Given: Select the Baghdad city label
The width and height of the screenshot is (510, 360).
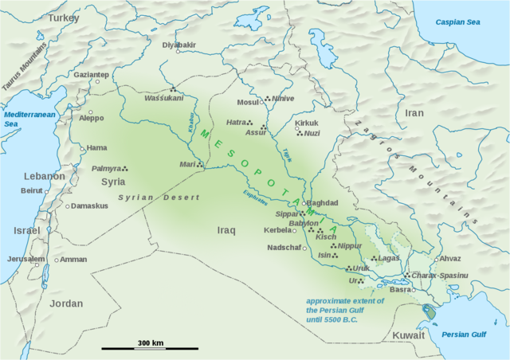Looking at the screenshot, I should [x=323, y=203].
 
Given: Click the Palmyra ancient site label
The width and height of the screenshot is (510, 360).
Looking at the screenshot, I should [x=106, y=169].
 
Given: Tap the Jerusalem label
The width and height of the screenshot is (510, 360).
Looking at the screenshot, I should [x=26, y=259].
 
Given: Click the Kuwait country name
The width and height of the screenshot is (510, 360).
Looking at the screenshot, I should [x=409, y=335].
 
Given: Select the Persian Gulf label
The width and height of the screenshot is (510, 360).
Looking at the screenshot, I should [x=463, y=335].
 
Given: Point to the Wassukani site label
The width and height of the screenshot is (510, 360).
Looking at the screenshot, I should [x=163, y=98].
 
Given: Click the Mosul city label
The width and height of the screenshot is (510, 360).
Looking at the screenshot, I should [x=248, y=102].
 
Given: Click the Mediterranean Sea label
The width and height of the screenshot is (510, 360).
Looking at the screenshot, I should [x=22, y=119].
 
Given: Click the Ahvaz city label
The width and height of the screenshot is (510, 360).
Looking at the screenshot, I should [x=449, y=258].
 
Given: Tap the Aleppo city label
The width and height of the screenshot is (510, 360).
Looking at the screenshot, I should [x=91, y=118].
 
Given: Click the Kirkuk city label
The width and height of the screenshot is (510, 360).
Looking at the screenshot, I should [x=306, y=123].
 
